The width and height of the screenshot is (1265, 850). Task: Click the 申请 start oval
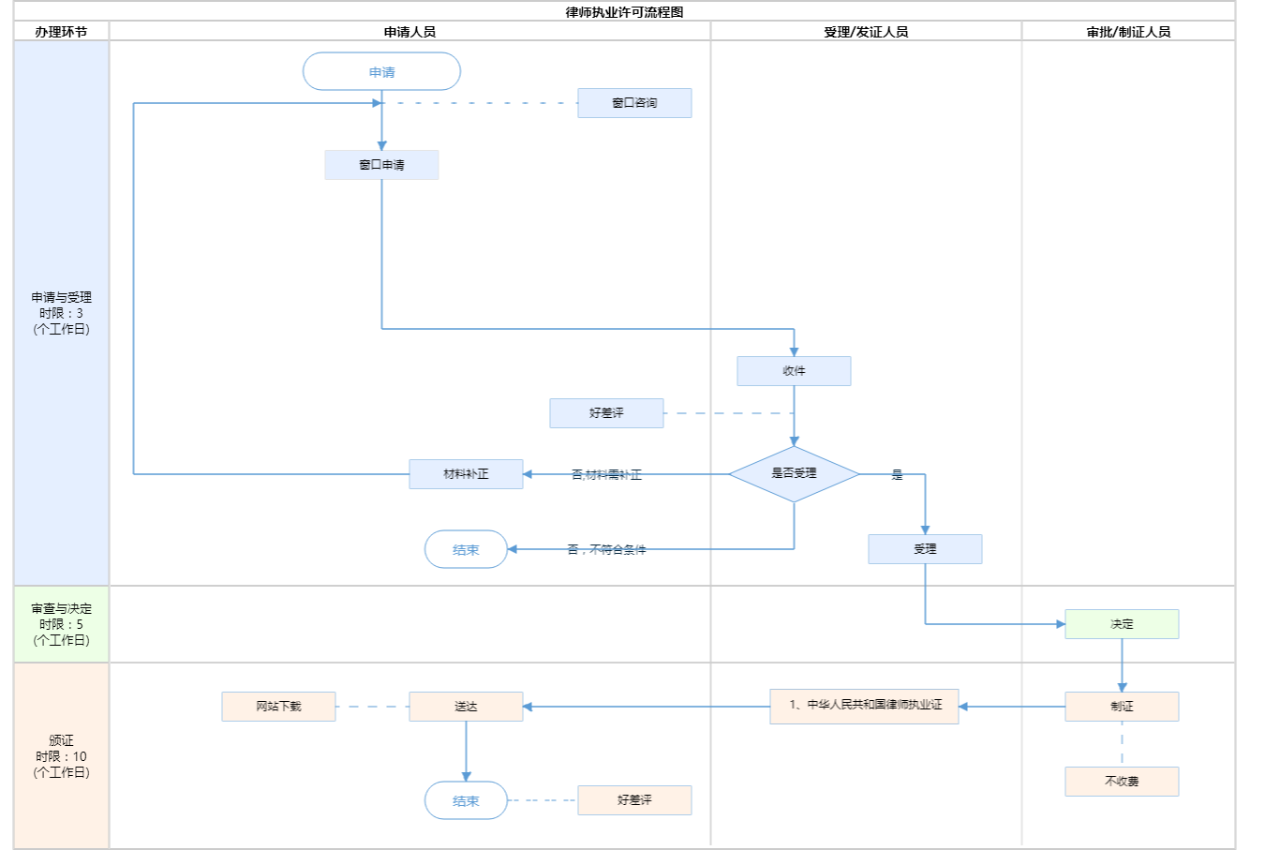[381, 71]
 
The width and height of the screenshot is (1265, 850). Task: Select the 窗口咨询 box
[634, 103]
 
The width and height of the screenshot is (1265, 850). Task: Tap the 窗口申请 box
[381, 165]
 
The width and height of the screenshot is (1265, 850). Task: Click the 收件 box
[794, 371]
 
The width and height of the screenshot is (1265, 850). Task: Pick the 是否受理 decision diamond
[794, 473]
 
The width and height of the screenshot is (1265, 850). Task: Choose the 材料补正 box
[466, 474]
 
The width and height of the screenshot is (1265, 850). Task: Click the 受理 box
[925, 549]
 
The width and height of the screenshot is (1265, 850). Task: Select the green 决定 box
[1122, 624]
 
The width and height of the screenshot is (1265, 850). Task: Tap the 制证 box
[1122, 707]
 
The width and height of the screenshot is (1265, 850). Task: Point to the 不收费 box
[1122, 782]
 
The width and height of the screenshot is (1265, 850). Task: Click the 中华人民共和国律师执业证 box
[864, 706]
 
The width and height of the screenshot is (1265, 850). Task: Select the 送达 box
[466, 707]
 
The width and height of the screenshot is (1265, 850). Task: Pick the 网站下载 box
[278, 707]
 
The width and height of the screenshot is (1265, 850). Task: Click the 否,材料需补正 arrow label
[606, 475]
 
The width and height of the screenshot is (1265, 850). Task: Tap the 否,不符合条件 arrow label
[606, 550]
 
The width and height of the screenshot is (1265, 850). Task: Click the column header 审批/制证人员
[1128, 32]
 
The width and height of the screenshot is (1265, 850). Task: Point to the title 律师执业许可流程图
[624, 12]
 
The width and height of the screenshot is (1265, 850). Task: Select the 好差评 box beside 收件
[606, 413]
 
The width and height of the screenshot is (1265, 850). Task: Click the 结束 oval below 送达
[466, 800]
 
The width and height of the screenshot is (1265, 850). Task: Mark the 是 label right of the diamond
[897, 475]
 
